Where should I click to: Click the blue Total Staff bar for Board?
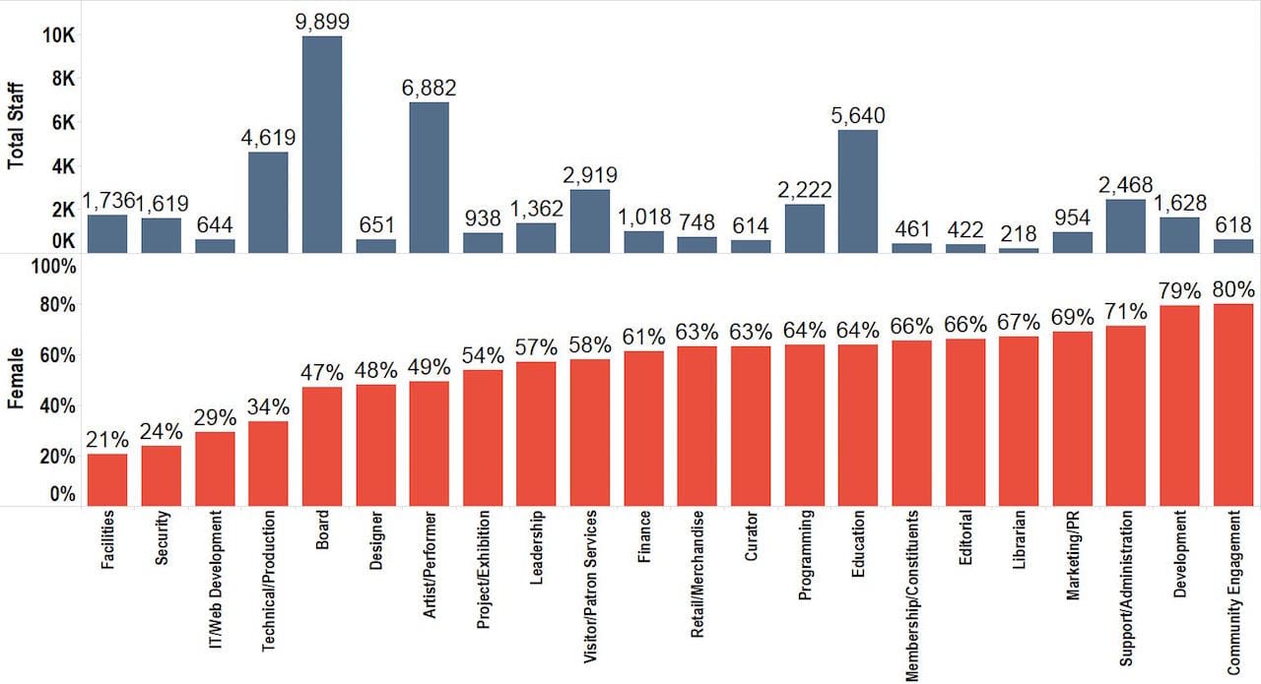tap(322, 145)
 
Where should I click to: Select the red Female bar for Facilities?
tap(107, 479)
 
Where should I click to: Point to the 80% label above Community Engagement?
tap(1232, 289)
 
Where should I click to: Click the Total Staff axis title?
tap(17, 127)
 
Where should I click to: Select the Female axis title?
tap(17, 380)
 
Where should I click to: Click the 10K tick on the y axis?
tap(58, 35)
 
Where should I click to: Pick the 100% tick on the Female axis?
tap(55, 268)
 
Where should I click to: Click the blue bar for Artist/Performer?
tap(430, 177)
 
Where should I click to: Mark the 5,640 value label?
tap(857, 116)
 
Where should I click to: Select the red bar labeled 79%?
tap(1179, 405)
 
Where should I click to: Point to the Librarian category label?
tap(1019, 540)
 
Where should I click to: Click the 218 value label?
tap(1019, 234)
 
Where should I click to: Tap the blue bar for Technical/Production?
tap(268, 202)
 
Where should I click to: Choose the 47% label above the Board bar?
tap(322, 373)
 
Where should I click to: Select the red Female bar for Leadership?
tap(537, 434)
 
